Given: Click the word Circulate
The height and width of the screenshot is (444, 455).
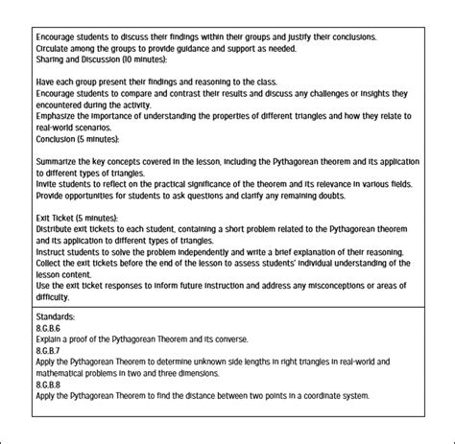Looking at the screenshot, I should click(x=54, y=48).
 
